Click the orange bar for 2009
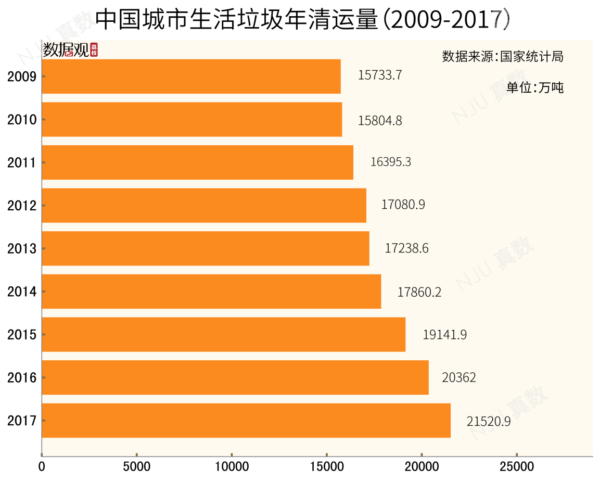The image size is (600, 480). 191,77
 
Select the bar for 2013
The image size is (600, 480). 205,248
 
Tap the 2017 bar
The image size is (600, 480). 246,420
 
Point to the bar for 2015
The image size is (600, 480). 223,334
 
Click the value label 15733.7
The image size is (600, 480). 380,75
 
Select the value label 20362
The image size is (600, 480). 458,377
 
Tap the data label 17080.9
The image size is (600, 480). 403,205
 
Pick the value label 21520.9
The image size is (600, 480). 488,421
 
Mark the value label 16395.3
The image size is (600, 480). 391,162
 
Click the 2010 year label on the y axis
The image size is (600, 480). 22,120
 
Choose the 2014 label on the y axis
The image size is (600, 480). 22,292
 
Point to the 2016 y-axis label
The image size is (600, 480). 22,377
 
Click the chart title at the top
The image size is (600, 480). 302,19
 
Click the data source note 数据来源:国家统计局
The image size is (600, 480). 503,56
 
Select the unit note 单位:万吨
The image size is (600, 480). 535,87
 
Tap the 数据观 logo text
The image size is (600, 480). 66,50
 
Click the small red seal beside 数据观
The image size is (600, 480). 94,50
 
